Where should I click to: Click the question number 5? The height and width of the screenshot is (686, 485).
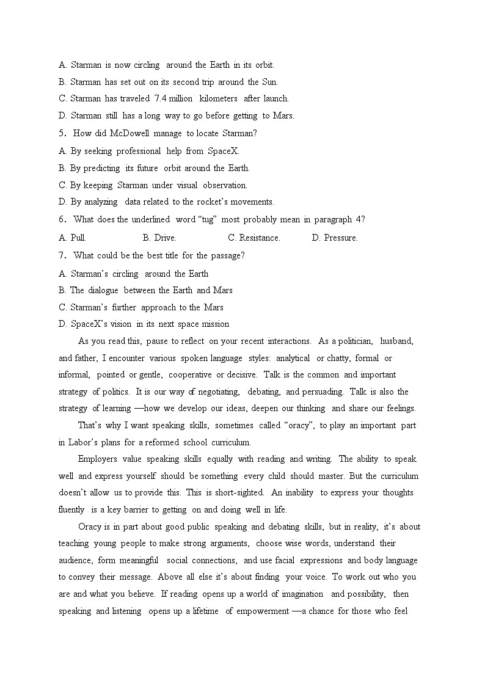tap(62, 133)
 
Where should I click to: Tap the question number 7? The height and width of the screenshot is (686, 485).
tap(62, 256)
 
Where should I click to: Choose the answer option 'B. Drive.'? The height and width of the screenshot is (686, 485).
tap(159, 238)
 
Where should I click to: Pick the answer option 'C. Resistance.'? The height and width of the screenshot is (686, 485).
tap(253, 238)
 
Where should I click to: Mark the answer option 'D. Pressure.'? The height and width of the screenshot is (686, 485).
tap(335, 238)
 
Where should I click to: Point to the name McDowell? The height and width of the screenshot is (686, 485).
tap(129, 133)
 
